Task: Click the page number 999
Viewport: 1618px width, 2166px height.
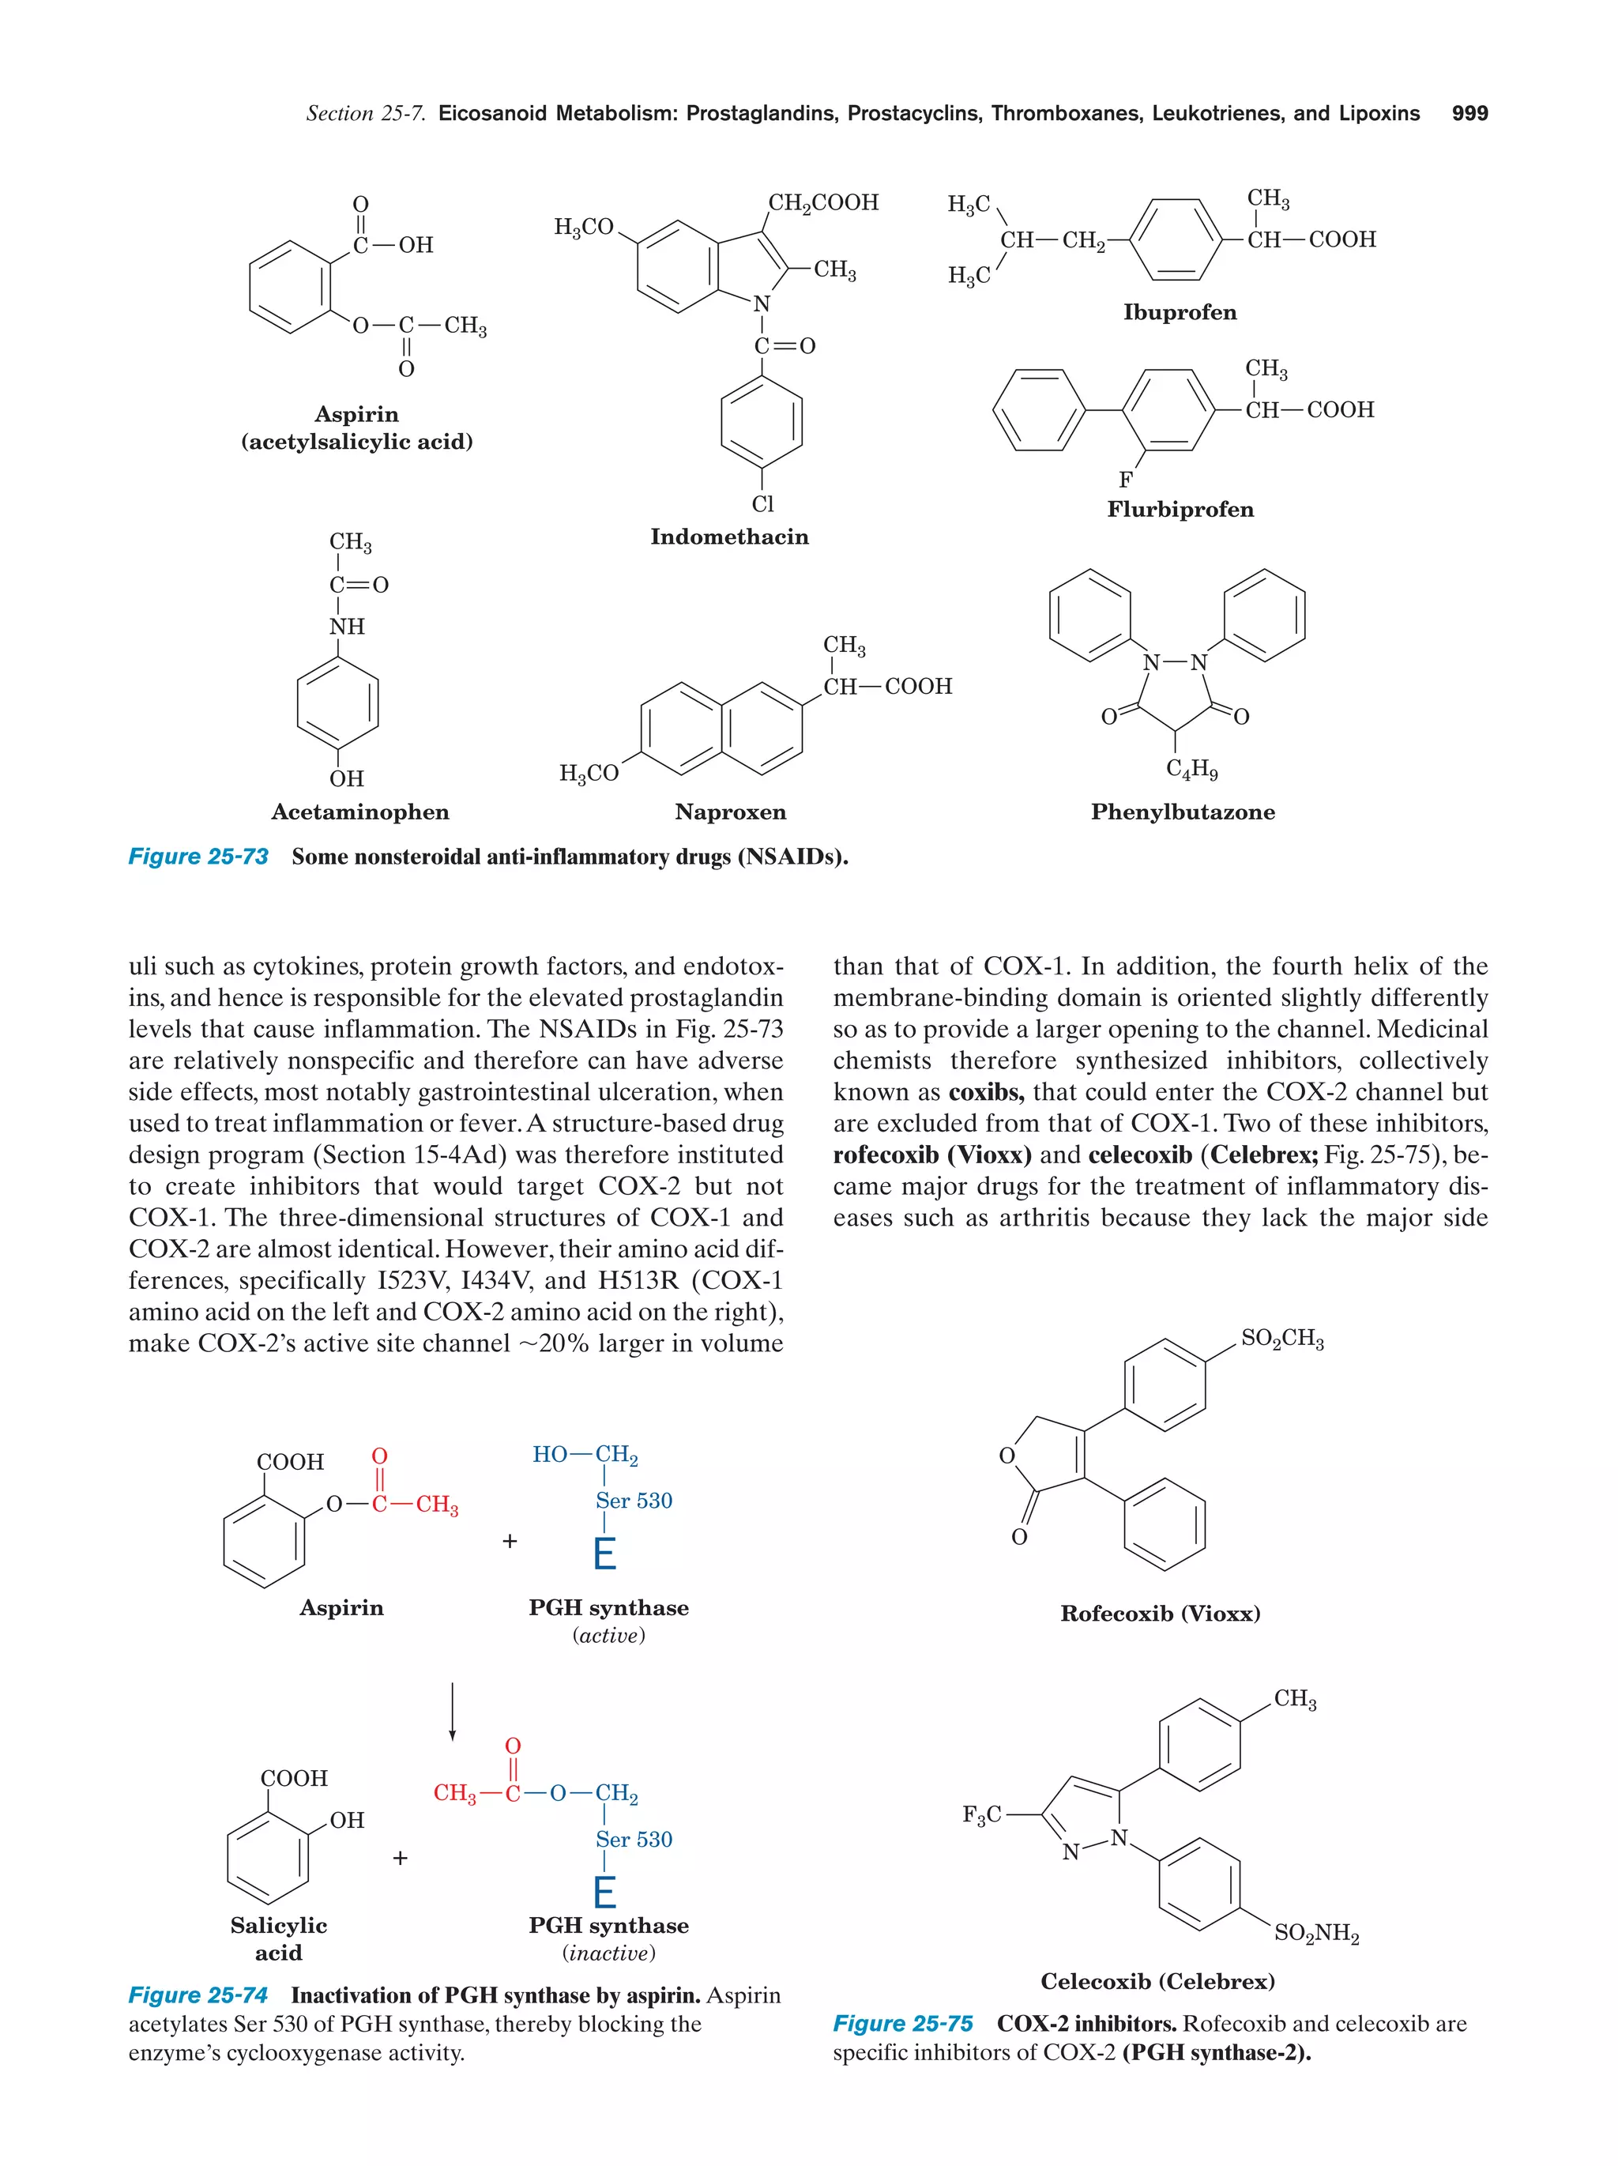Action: (1469, 114)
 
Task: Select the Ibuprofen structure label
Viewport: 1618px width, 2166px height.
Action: (1180, 312)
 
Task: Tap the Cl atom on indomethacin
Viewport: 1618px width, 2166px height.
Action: (762, 503)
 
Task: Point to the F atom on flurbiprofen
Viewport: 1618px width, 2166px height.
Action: (1126, 480)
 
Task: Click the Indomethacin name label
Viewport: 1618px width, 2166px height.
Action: (729, 537)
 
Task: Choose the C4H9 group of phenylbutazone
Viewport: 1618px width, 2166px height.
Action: (1191, 770)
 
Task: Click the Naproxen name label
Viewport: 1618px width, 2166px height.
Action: (730, 812)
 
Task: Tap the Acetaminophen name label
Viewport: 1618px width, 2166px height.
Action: (359, 812)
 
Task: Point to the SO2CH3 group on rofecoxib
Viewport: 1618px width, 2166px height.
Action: (1282, 1339)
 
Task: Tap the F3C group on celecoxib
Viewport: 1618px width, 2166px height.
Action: (982, 1815)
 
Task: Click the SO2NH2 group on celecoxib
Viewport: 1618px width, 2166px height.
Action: (1316, 1933)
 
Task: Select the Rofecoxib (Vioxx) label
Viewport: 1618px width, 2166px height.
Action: (1160, 1614)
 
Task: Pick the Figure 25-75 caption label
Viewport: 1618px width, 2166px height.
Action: (902, 2024)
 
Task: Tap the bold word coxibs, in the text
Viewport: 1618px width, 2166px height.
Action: (986, 1092)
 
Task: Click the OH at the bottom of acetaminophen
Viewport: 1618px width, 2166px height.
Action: (347, 778)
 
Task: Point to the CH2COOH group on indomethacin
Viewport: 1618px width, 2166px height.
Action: (823, 203)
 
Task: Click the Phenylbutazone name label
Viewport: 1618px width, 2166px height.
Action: (1183, 812)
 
